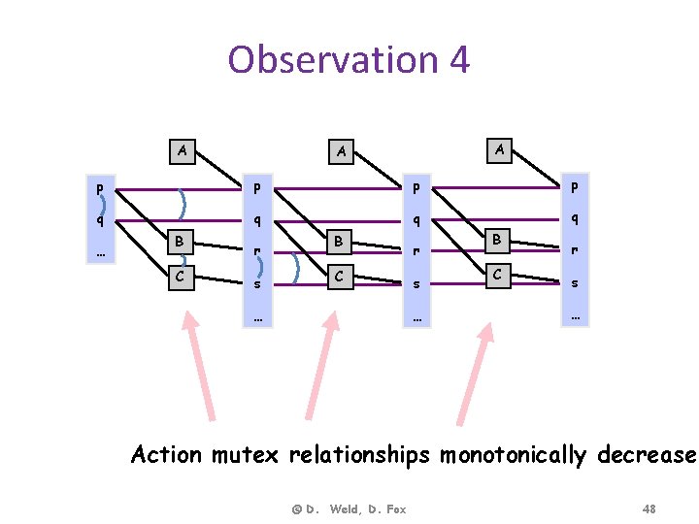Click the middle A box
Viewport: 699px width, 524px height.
pos(341,151)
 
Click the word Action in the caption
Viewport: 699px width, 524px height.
pos(168,455)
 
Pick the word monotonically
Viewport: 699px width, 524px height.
pos(514,455)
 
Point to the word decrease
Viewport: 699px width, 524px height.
pos(646,455)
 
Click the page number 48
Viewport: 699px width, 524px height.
pos(649,508)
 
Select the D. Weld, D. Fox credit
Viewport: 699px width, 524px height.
pos(349,508)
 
